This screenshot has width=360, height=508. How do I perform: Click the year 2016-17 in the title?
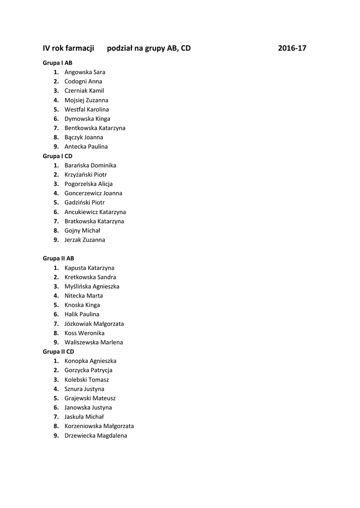(x=292, y=49)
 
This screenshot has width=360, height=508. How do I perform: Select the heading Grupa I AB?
(x=58, y=63)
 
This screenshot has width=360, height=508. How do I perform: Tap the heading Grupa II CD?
(x=59, y=351)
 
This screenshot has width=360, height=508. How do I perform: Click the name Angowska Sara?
(x=85, y=72)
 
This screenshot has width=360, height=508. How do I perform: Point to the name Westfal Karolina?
(x=87, y=109)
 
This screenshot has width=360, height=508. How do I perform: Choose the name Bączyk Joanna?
(x=84, y=137)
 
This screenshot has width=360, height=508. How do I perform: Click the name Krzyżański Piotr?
(x=85, y=175)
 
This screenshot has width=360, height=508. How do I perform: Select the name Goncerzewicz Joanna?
(x=93, y=193)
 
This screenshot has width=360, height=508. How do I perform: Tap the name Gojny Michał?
(x=82, y=230)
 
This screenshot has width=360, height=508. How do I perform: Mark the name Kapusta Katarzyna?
(x=89, y=268)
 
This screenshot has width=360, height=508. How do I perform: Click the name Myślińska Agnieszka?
(x=92, y=286)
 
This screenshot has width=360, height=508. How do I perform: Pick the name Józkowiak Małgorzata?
(x=94, y=323)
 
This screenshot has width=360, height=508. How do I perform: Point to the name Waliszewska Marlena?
(x=94, y=342)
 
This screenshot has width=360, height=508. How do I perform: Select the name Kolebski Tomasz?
(x=87, y=380)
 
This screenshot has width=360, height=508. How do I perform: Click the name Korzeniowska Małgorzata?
(x=99, y=426)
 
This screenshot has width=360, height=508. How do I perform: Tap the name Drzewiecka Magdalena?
(x=96, y=436)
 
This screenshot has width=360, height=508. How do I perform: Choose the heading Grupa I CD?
(x=58, y=156)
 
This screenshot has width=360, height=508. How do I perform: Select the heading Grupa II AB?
(x=59, y=258)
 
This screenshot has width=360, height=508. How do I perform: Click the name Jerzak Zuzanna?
(x=85, y=240)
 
